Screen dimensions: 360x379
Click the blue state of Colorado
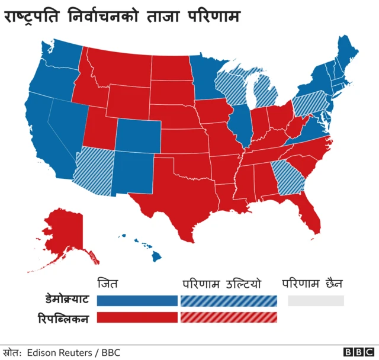pyautogui.click(x=137, y=136)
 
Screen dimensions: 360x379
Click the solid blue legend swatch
pyautogui.click(x=137, y=300)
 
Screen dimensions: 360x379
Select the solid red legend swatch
pyautogui.click(x=137, y=318)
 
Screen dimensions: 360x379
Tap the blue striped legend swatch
pyautogui.click(x=229, y=300)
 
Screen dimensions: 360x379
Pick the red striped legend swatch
pyautogui.click(x=229, y=318)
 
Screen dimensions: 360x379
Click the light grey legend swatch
pyautogui.click(x=316, y=300)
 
